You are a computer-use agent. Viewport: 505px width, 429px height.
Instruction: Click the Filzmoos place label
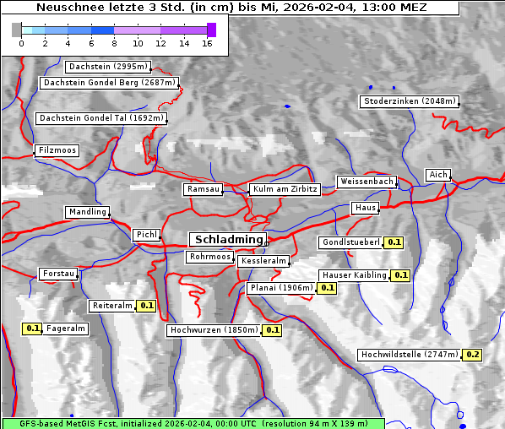[x=57, y=150]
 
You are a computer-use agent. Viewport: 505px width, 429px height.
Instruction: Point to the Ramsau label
[x=204, y=189]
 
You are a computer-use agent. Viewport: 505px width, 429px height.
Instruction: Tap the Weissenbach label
[x=366, y=182]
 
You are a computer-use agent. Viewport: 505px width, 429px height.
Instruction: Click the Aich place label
[x=438, y=175]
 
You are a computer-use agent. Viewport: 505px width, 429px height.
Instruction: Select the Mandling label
[x=88, y=212]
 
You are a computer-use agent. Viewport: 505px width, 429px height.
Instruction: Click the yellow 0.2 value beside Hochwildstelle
[x=472, y=355]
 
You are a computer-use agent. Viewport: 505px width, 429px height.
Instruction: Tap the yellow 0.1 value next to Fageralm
[x=33, y=329]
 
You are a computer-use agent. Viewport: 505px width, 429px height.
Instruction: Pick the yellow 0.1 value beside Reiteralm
[x=147, y=306]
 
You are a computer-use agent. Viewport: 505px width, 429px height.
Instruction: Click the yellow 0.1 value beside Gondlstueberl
[x=394, y=242]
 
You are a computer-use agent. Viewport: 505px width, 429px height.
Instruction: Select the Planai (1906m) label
[x=281, y=288]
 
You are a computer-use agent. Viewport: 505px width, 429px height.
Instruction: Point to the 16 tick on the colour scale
[x=207, y=43]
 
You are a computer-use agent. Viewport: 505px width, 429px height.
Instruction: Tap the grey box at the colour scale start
[x=17, y=30]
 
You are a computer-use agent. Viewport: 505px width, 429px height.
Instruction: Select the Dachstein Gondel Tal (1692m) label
[x=100, y=118]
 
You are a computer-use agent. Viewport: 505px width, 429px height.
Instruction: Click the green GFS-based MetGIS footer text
[x=193, y=422]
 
